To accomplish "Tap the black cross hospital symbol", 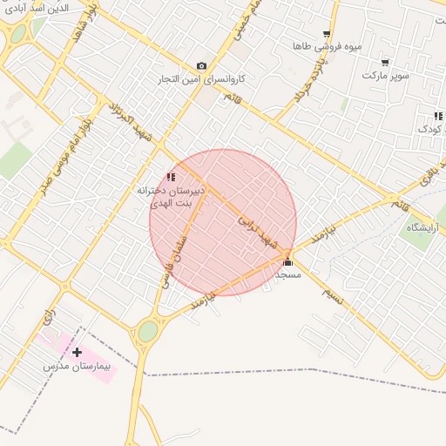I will point(78,354).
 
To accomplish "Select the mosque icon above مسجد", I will point(287,261).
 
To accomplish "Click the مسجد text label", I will point(287,274).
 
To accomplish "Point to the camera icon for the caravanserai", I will point(202,66).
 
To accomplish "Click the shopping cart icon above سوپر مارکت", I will point(385,63).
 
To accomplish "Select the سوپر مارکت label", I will point(386,76).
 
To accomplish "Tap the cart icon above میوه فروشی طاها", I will point(327,33).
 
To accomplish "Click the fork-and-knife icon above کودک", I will point(438,116).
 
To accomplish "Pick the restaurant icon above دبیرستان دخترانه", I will point(171,177).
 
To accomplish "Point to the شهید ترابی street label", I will point(261,233).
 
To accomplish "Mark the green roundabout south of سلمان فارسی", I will point(148,331).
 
